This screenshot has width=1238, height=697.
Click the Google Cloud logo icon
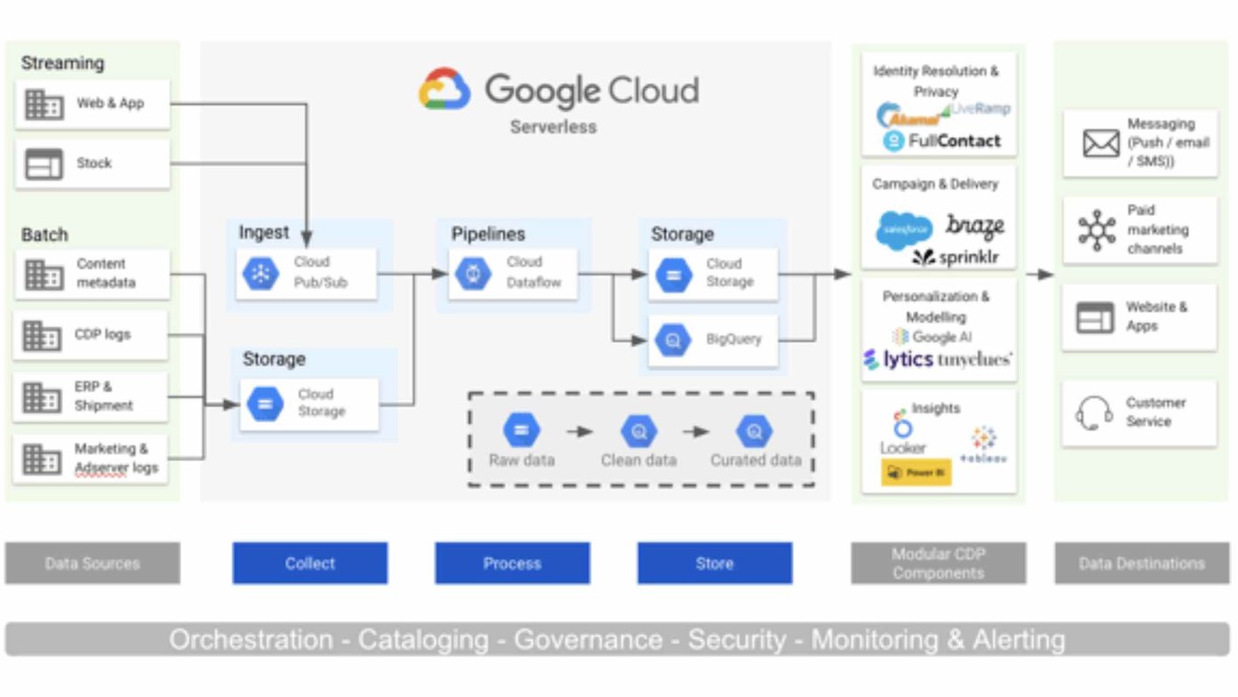[445, 90]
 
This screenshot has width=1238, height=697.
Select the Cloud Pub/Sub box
[306, 273]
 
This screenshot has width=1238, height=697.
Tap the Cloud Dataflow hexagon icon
[472, 273]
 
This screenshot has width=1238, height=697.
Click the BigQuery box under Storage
[713, 340]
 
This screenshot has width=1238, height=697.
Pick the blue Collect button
[310, 564]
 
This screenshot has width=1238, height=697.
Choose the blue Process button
[512, 564]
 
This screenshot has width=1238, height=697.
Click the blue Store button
[714, 564]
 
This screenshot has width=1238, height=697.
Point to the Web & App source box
[92, 104]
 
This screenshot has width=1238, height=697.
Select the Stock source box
[92, 164]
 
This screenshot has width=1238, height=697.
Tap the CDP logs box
[91, 335]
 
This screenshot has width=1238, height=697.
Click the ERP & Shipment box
[91, 397]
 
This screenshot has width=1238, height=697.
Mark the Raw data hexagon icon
[521, 431]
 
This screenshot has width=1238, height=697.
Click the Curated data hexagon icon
[754, 432]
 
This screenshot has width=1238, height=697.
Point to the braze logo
[975, 226]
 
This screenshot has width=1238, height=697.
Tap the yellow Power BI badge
[916, 473]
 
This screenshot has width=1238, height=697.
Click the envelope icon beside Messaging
[1101, 143]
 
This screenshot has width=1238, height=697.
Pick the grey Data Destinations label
[1141, 564]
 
